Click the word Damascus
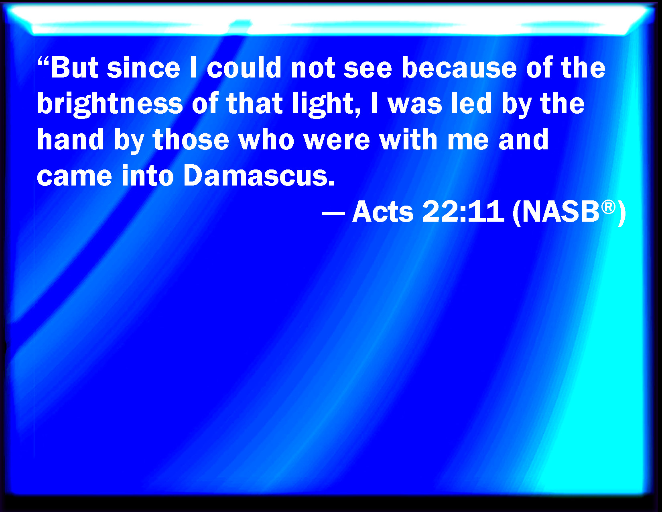259,175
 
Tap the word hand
71,139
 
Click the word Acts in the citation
383,211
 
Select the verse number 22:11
463,211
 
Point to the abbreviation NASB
561,211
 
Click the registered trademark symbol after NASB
608,207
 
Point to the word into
148,175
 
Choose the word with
408,139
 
